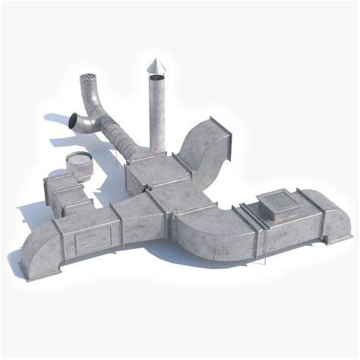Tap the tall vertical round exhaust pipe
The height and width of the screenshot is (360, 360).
(x=157, y=114)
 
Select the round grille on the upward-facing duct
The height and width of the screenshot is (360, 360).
(x=89, y=81)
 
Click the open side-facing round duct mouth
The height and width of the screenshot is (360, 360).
(x=73, y=122)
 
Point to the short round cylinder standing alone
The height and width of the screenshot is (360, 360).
(x=78, y=166)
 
